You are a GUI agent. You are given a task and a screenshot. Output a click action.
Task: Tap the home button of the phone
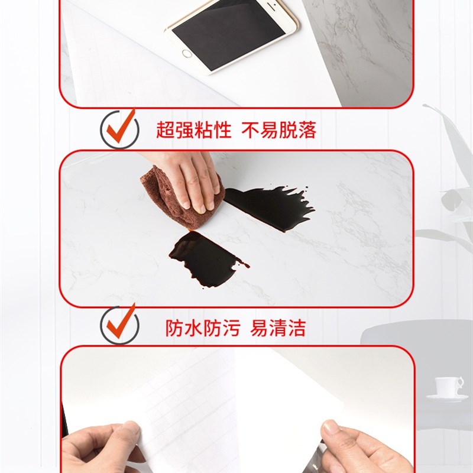(x=187, y=54)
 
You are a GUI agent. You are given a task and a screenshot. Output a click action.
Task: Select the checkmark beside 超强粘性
(x=119, y=128)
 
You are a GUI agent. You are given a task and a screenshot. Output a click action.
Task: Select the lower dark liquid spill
(x=204, y=258)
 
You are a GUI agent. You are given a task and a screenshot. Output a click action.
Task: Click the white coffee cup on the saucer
(x=448, y=386)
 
